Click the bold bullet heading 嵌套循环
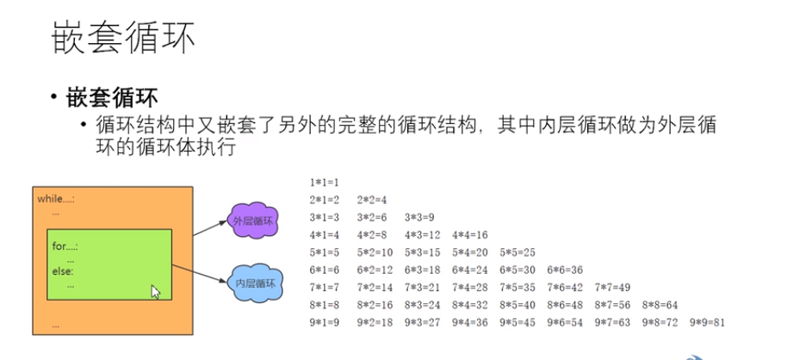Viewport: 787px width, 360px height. [112, 96]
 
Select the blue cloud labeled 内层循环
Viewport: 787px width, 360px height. [255, 283]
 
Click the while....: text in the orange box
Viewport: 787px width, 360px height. [56, 199]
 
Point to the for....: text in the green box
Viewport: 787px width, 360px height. [65, 246]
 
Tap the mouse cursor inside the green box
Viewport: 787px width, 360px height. [155, 291]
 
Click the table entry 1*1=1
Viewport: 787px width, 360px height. [325, 183]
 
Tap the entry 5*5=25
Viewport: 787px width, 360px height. [517, 252]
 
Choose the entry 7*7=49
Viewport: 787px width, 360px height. [613, 288]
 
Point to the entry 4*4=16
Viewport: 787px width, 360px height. [470, 235]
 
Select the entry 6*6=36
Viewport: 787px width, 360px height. [565, 270]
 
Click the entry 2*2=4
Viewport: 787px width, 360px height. [372, 200]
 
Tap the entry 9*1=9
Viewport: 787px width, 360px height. [325, 323]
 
